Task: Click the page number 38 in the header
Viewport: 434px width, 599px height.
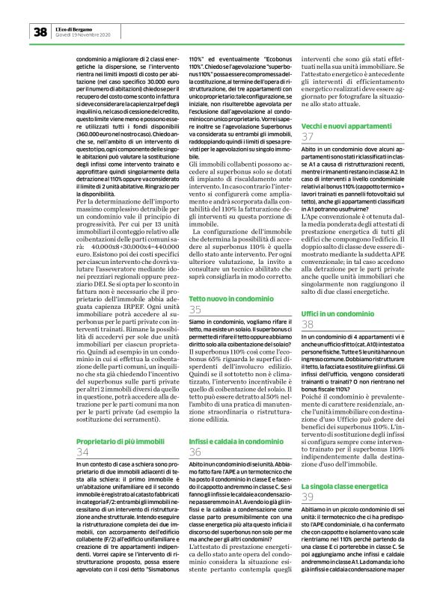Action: [x=40, y=31]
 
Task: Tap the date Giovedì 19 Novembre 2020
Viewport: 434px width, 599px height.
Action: [x=83, y=34]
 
